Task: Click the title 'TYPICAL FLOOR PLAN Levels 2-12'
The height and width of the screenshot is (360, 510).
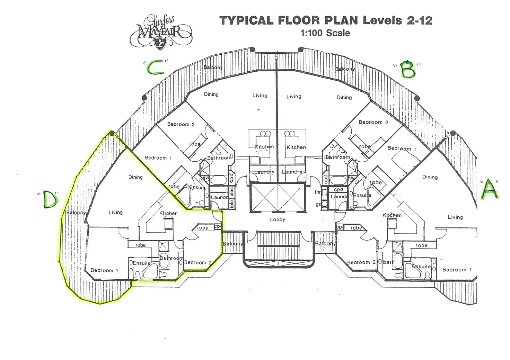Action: [x=326, y=20]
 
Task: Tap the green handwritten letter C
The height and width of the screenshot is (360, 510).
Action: [x=156, y=68]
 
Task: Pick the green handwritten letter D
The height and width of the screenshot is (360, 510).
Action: [x=50, y=201]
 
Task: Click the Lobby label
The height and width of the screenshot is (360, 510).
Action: [x=277, y=219]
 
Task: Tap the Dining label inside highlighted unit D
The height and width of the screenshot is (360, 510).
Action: [x=135, y=177]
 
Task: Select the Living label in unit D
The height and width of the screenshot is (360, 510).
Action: [x=115, y=213]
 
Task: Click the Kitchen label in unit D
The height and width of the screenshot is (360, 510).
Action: [x=168, y=213]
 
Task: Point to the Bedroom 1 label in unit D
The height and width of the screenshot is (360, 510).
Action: [x=104, y=270]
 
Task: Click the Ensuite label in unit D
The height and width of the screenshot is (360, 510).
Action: [x=142, y=263]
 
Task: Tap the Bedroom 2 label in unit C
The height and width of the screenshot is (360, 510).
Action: [x=181, y=124]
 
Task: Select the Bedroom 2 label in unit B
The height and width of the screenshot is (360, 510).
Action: [x=373, y=122]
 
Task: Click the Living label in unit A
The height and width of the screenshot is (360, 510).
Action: [x=455, y=217]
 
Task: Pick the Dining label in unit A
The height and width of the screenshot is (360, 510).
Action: [x=430, y=177]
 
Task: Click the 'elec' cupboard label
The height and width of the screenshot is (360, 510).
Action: [x=232, y=191]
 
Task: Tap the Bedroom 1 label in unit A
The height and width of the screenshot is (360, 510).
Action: [x=457, y=270]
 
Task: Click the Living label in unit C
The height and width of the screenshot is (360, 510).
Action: [x=260, y=96]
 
